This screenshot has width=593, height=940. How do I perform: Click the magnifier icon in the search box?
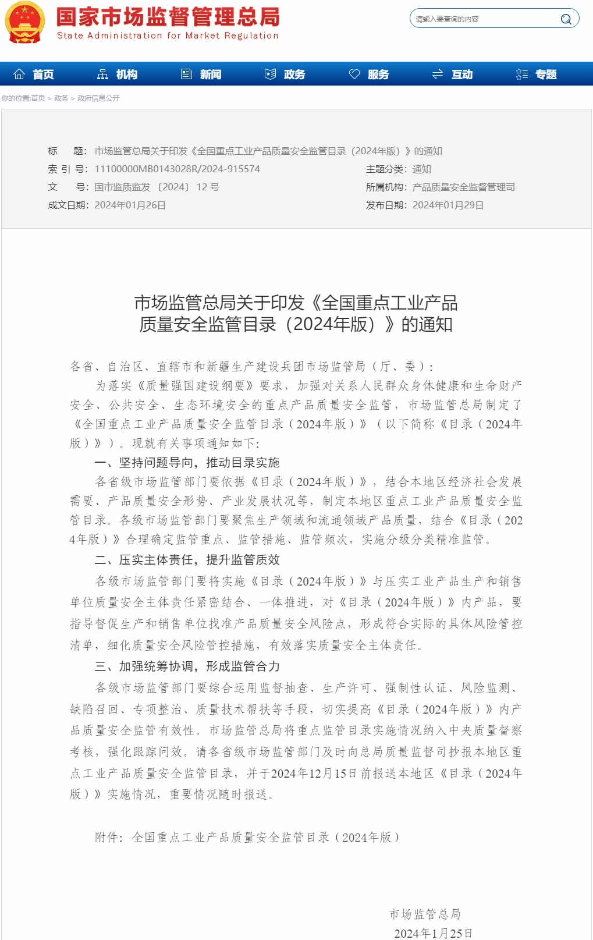566,19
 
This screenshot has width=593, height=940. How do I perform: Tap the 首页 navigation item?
35,75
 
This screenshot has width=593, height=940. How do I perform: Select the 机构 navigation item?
118,75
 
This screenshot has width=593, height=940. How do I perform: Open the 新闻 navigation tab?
202,75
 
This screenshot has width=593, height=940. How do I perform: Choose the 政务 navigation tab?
286,75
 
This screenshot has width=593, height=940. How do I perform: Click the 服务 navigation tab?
370,75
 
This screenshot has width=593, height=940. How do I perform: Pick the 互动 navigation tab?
453,75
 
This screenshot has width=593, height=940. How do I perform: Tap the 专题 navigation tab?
537,75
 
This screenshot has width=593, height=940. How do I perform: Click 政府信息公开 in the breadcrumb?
98,98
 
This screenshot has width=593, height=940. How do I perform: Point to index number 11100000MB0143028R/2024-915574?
177,169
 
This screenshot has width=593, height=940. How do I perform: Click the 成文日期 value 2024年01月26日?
130,205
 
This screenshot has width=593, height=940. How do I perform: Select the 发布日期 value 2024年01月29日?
448,205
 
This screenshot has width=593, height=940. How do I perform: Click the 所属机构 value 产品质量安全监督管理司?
463,187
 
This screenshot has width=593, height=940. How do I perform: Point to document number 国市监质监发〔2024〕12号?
157,187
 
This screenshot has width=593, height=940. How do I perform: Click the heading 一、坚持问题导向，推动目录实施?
187,463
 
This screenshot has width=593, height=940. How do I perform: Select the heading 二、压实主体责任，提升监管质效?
187,560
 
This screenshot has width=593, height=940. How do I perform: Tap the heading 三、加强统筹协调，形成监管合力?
187,666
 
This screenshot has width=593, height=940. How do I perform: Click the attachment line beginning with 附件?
247,838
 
